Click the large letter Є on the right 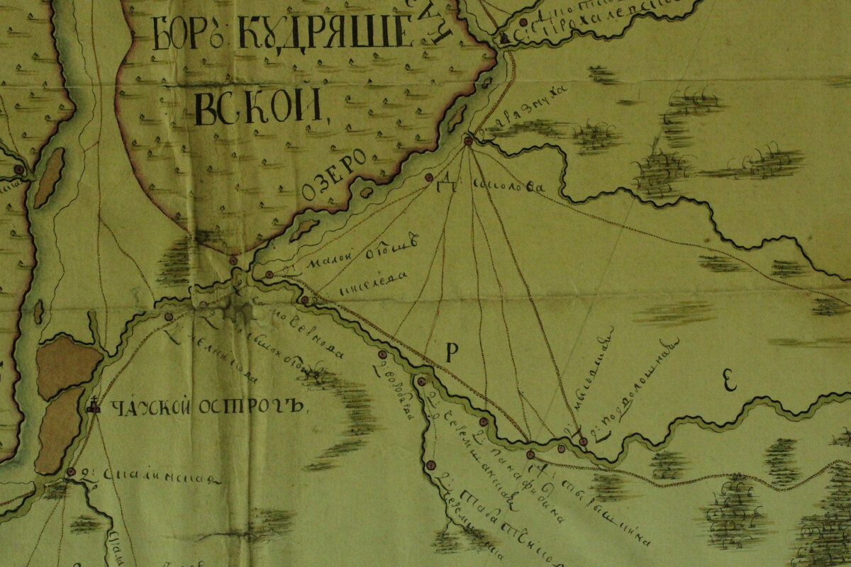click(x=729, y=381)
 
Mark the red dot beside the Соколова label click(x=428, y=177)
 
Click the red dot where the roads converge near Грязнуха click(x=468, y=141)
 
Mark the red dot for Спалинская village click(x=71, y=471)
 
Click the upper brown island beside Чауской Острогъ click(x=68, y=365)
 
